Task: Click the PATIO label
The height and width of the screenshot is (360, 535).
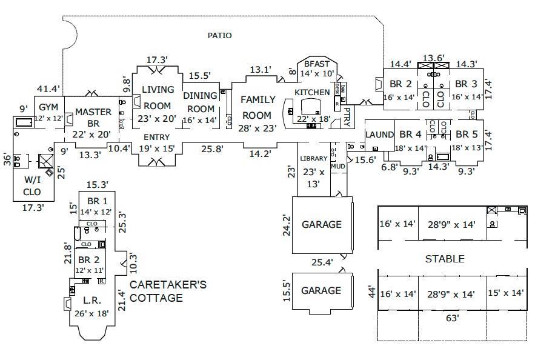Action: (x=219, y=36)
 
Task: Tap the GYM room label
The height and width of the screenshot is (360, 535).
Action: (x=48, y=107)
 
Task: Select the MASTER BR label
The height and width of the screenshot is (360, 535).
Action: (x=93, y=117)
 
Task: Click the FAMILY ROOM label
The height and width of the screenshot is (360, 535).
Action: (x=259, y=107)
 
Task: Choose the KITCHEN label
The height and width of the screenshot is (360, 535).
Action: (x=312, y=92)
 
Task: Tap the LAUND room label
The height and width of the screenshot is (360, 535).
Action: (x=380, y=134)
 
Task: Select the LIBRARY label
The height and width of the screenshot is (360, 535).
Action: (x=313, y=159)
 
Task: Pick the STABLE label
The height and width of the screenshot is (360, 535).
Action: (x=444, y=259)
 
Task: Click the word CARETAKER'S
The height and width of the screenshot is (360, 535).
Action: (x=168, y=284)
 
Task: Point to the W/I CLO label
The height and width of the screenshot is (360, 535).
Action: (x=32, y=185)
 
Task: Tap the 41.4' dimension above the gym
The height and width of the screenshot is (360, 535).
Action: (x=48, y=89)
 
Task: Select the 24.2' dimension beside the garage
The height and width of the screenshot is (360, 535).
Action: (x=287, y=224)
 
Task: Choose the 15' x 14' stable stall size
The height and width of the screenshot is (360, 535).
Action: (x=507, y=293)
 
